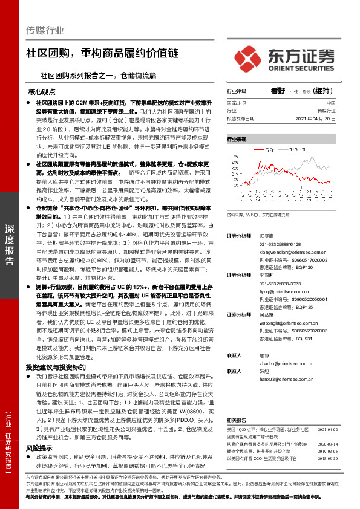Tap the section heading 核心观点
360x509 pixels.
(42, 92)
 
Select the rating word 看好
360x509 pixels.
(278, 91)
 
